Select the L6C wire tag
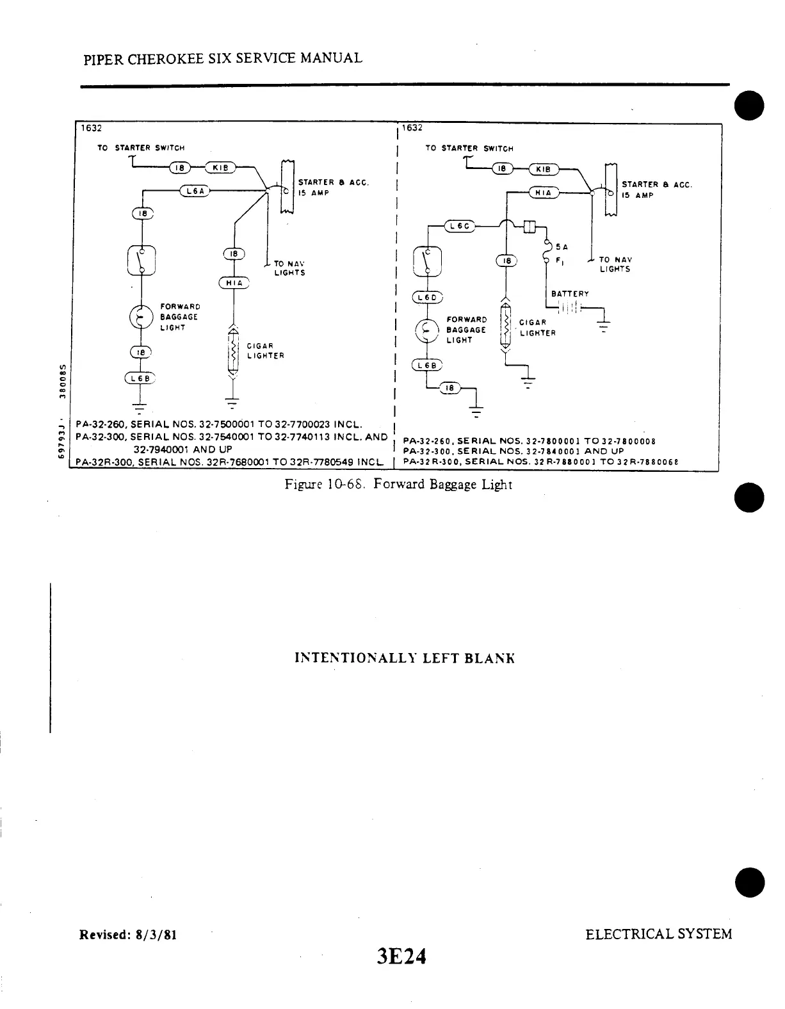pyautogui.click(x=458, y=226)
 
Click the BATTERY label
pyautogui.click(x=570, y=294)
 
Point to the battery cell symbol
pyautogui.click(x=569, y=309)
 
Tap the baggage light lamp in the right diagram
pyautogui.click(x=426, y=330)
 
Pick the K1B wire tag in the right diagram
pyautogui.click(x=543, y=170)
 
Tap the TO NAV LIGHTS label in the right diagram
pyautogui.click(x=615, y=264)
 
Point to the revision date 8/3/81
pyautogui.click(x=154, y=934)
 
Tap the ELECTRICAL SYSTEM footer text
pyautogui.click(x=658, y=933)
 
